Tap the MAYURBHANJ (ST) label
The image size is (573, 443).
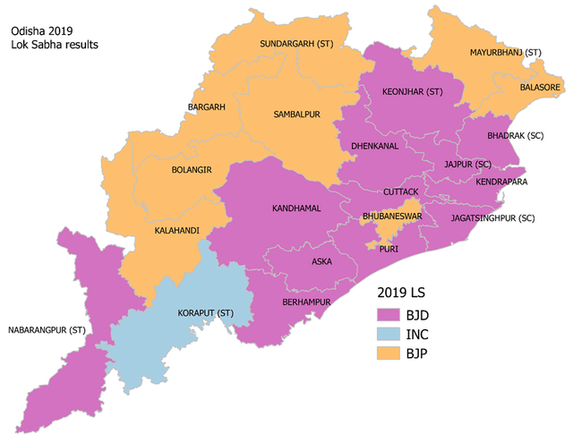pyautogui.click(x=506, y=54)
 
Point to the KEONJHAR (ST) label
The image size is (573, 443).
pyautogui.click(x=413, y=91)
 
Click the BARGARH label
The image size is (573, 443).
pyautogui.click(x=206, y=107)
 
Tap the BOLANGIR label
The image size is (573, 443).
pyautogui.click(x=191, y=168)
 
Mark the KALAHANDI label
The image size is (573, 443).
pyautogui.click(x=175, y=230)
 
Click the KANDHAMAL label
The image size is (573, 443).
pyautogui.click(x=296, y=208)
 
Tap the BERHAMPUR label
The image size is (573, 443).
pyautogui.click(x=305, y=302)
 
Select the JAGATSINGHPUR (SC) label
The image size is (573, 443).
pyautogui.click(x=493, y=217)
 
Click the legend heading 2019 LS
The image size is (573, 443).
pyautogui.click(x=400, y=293)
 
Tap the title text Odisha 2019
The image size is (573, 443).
pyautogui.click(x=41, y=30)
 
